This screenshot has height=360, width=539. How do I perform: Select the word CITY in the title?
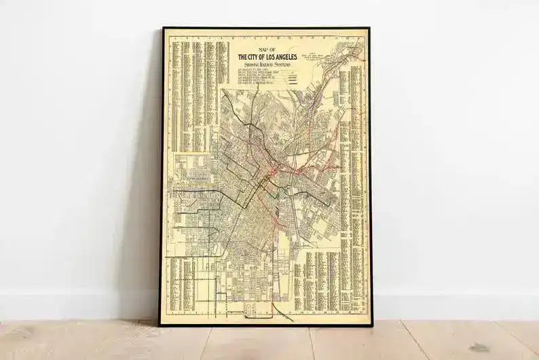(255, 56)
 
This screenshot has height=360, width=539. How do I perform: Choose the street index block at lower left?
(183, 285)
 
